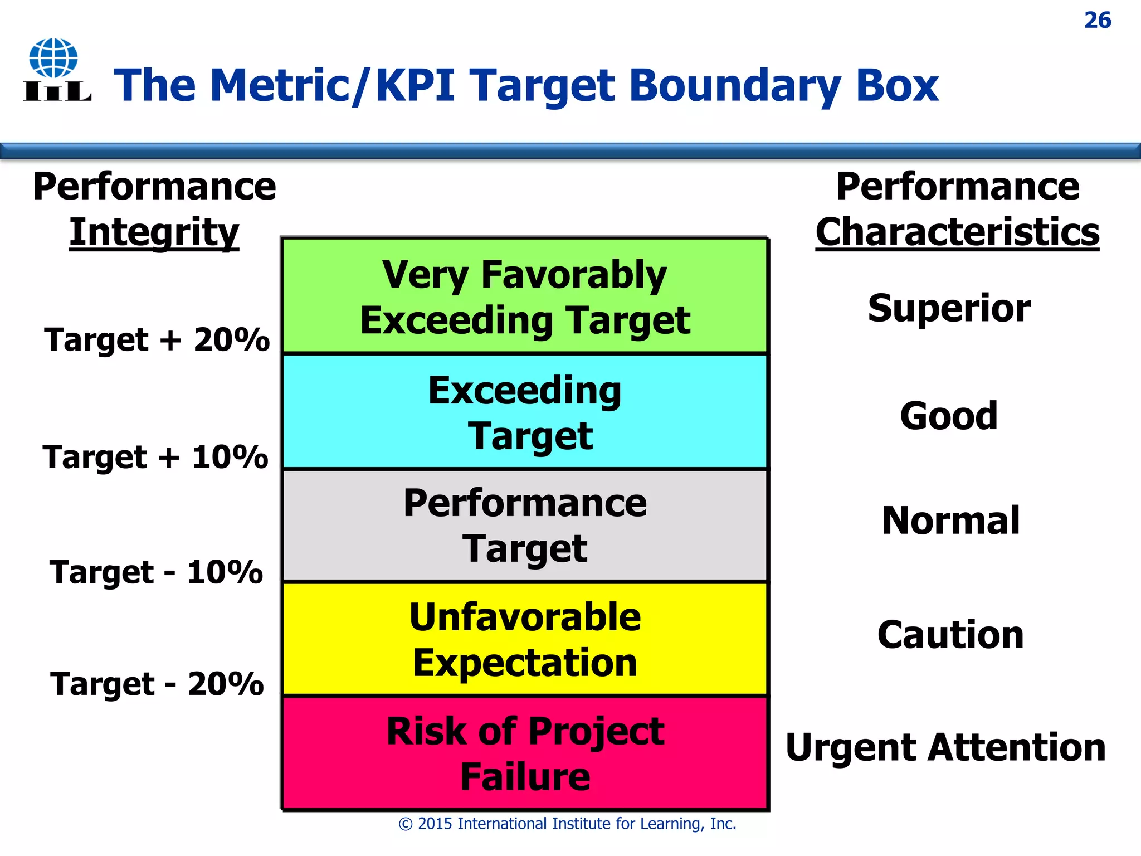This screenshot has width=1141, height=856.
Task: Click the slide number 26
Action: point(1097,21)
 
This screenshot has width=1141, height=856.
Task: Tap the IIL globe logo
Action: point(56,70)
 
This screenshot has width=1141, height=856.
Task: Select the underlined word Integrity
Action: point(154,232)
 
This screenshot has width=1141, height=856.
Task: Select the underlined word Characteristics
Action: point(957,232)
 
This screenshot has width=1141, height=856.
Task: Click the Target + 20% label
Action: point(157,339)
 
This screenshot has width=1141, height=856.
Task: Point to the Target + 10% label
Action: point(155,457)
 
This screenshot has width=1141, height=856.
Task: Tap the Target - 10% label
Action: point(156,572)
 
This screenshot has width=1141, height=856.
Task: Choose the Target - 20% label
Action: point(157,684)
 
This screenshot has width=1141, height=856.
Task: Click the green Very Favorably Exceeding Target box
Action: point(525,296)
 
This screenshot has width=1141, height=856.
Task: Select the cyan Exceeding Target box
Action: point(525,412)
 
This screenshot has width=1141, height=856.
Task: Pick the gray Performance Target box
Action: point(525,526)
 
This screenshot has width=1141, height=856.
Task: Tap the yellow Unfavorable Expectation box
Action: point(525,639)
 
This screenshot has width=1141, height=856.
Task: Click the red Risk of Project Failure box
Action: point(525,753)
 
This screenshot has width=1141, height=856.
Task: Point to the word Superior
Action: point(949,308)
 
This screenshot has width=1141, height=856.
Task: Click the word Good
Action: point(949,416)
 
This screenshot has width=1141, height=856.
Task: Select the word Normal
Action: point(950,521)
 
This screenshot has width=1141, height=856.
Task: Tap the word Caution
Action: point(950,635)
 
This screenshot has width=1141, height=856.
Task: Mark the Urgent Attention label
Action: point(945,747)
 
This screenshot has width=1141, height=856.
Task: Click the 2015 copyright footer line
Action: point(567,824)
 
